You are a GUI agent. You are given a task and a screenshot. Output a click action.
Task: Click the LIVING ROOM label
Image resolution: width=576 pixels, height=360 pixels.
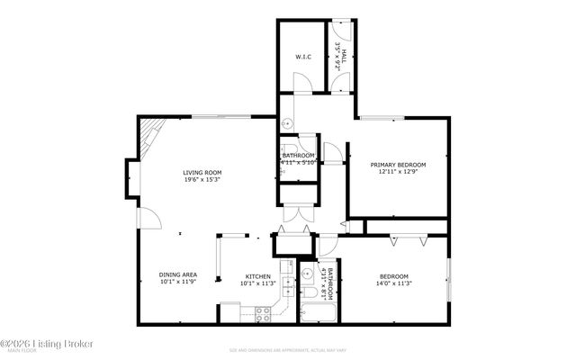point(202,172)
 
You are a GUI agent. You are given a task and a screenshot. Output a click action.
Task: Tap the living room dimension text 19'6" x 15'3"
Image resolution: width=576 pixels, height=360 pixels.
point(202,180)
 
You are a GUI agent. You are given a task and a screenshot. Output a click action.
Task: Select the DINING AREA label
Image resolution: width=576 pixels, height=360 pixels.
point(177,274)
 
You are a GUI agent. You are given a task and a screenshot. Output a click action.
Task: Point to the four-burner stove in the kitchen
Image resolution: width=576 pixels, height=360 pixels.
point(264,314)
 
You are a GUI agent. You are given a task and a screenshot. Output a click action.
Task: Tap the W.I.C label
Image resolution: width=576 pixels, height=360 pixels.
point(302,57)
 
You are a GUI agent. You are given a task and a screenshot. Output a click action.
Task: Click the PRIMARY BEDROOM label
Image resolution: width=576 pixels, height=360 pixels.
point(398,165)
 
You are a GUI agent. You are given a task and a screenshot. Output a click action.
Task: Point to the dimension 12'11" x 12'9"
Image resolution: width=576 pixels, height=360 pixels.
point(398,173)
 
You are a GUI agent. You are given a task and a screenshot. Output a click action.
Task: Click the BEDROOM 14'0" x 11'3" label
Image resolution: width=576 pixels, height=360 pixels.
point(394,280)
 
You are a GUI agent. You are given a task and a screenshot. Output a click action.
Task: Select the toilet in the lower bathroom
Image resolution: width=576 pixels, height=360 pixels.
point(309,292)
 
